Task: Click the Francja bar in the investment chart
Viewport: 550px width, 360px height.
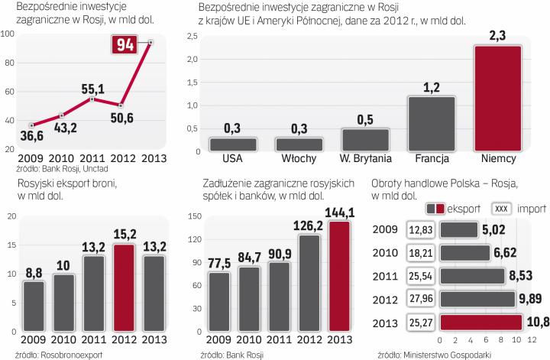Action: click(x=432, y=123)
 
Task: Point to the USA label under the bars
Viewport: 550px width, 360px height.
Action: click(x=233, y=160)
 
